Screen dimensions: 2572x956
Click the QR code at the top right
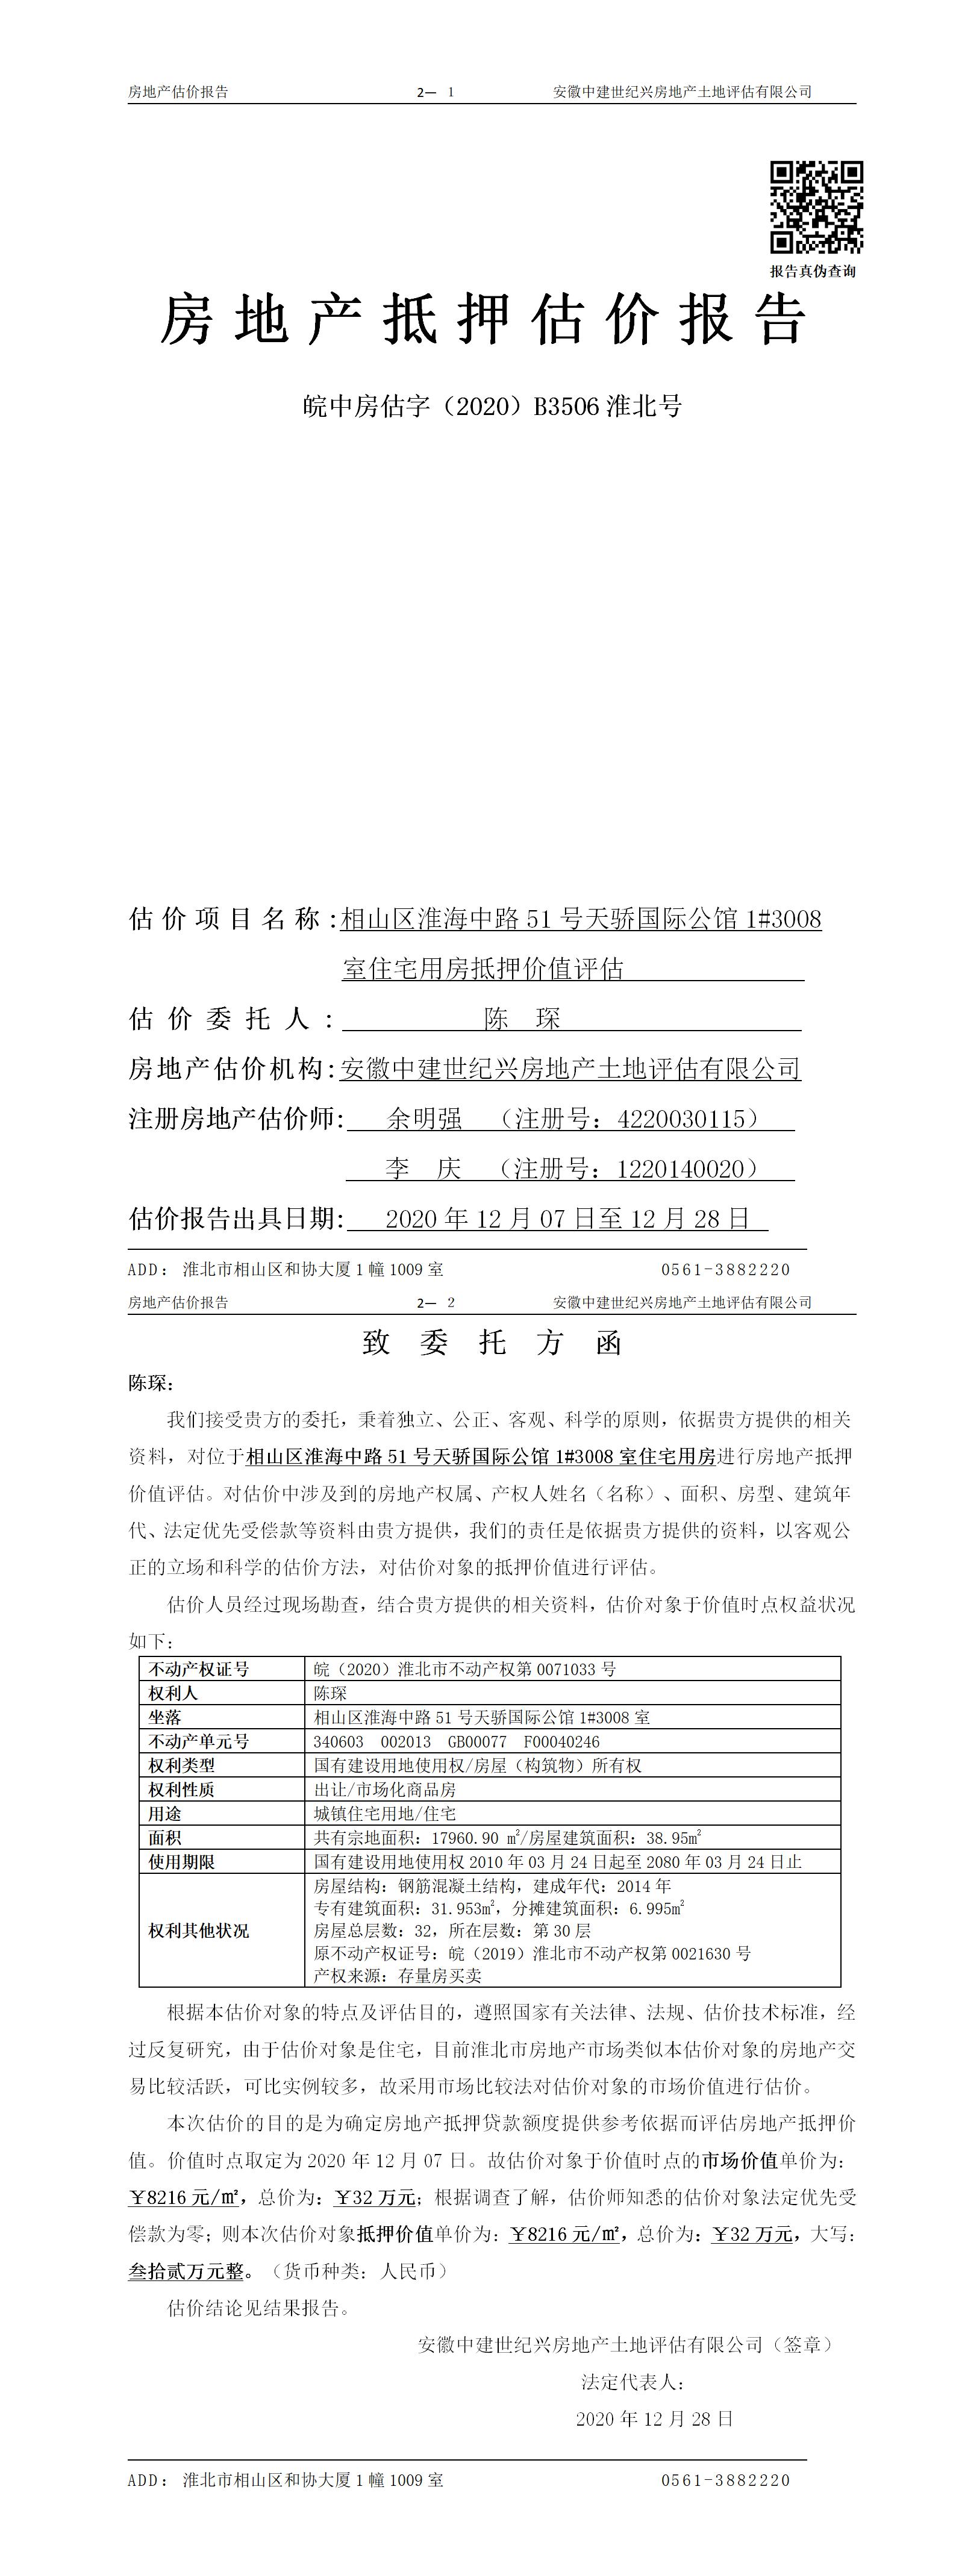pyautogui.click(x=815, y=207)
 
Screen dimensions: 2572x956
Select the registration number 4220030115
pyautogui.click(x=681, y=1119)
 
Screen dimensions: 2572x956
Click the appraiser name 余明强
pyautogui.click(x=425, y=1119)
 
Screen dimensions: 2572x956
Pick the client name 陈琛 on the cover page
pyautogui.click(x=522, y=1019)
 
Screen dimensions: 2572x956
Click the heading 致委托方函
pyautogui.click(x=492, y=1343)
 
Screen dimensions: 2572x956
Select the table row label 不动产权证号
pyautogui.click(x=199, y=1668)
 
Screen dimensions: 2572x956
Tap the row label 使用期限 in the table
pyautogui.click(x=182, y=1861)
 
